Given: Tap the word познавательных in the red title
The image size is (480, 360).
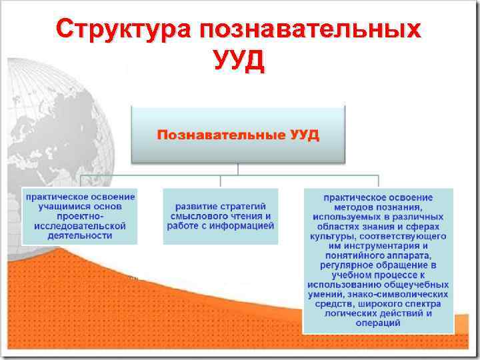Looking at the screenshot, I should pyautogui.click(x=309, y=30).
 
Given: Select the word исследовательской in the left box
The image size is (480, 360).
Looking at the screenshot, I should pyautogui.click(x=80, y=226).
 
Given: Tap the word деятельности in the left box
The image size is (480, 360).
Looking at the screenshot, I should pyautogui.click(x=80, y=235).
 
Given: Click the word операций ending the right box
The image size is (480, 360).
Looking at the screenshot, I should pyautogui.click(x=378, y=323).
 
